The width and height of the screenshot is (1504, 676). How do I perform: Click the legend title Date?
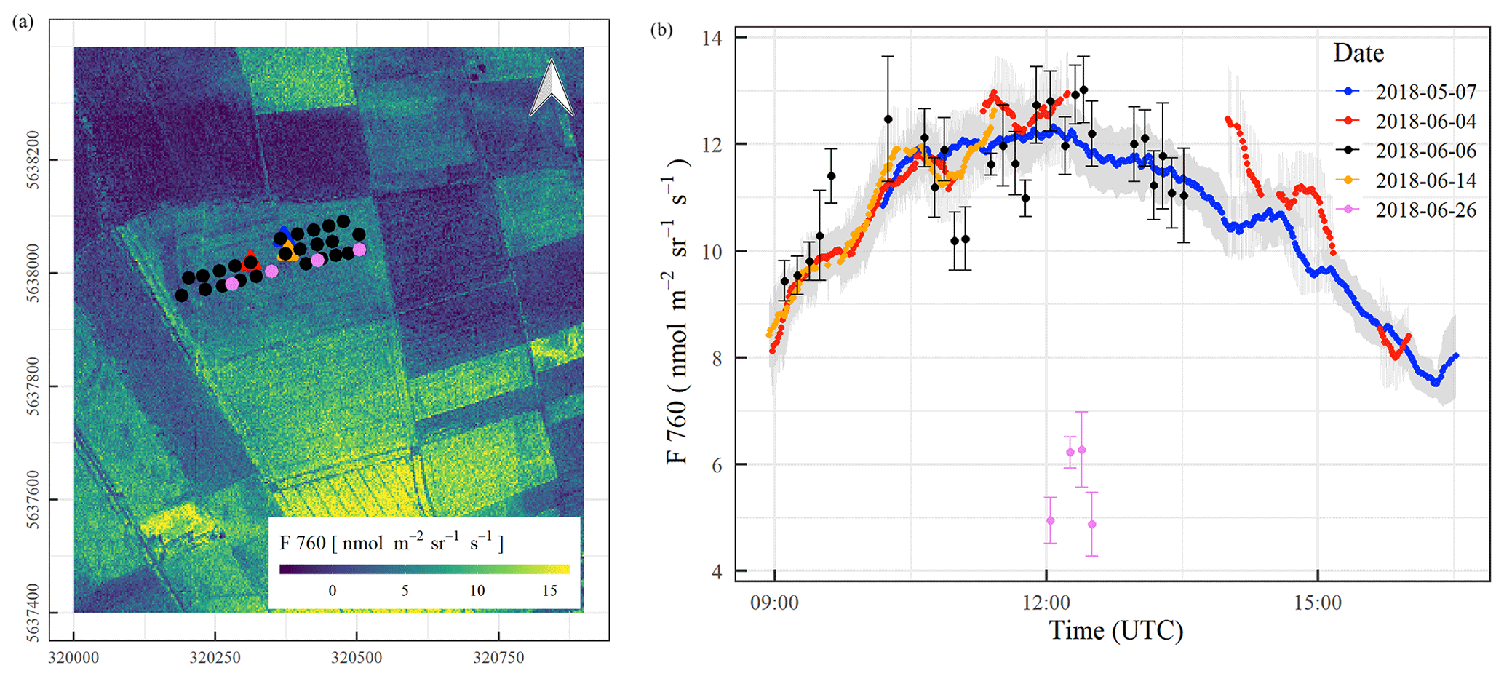point(1358,53)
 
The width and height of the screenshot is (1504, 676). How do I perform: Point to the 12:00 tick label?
point(1046,603)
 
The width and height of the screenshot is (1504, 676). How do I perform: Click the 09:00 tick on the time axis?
point(774,603)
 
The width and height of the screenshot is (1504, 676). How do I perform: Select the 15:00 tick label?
point(1317,603)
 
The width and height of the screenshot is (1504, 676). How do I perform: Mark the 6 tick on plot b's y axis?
point(717,465)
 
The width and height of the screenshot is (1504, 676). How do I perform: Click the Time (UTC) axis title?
point(1115,630)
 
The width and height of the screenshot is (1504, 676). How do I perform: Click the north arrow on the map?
point(552,88)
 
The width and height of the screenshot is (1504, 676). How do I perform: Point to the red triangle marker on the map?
point(251,260)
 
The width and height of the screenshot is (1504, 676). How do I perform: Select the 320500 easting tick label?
point(357,658)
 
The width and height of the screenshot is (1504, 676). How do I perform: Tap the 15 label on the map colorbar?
point(549,591)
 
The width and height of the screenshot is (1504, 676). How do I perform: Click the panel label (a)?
point(23,23)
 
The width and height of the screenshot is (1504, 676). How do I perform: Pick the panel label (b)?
point(661,30)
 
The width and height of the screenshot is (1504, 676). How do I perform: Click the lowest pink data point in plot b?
point(1091,525)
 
